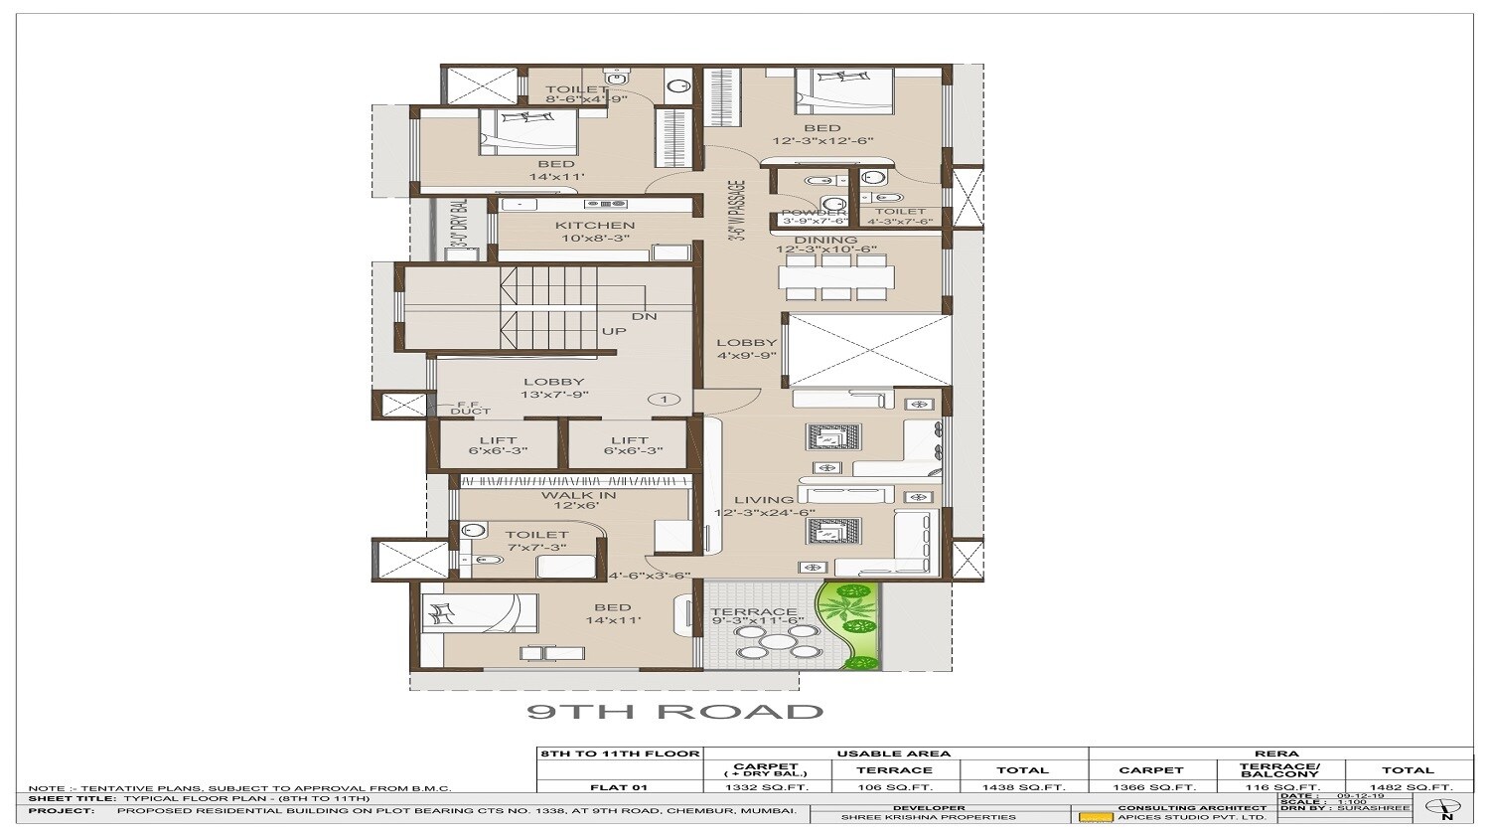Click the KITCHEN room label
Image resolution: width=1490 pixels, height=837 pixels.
pos(595,226)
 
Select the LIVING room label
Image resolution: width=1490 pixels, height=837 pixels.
pos(764,500)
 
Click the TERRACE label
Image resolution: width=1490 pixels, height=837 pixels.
pos(753,612)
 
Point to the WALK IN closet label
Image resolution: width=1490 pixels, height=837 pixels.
pos(578,495)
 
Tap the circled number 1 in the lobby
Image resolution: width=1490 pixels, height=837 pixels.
pos(664,400)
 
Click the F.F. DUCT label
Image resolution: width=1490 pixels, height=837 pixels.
pos(470,408)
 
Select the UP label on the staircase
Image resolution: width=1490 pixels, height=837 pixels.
pos(614,331)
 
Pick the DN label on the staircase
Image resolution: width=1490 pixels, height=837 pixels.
pos(644,317)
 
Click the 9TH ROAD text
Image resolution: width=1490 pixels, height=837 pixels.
pos(674,712)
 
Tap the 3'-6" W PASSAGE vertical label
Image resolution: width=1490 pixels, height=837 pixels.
pos(736,212)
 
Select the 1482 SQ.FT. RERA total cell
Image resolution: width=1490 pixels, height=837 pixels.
pos(1410,787)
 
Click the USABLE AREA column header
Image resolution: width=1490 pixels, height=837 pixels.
pos(894,753)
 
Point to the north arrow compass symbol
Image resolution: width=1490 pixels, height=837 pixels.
pos(1445,808)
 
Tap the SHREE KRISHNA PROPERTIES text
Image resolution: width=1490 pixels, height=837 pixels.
pos(928,817)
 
